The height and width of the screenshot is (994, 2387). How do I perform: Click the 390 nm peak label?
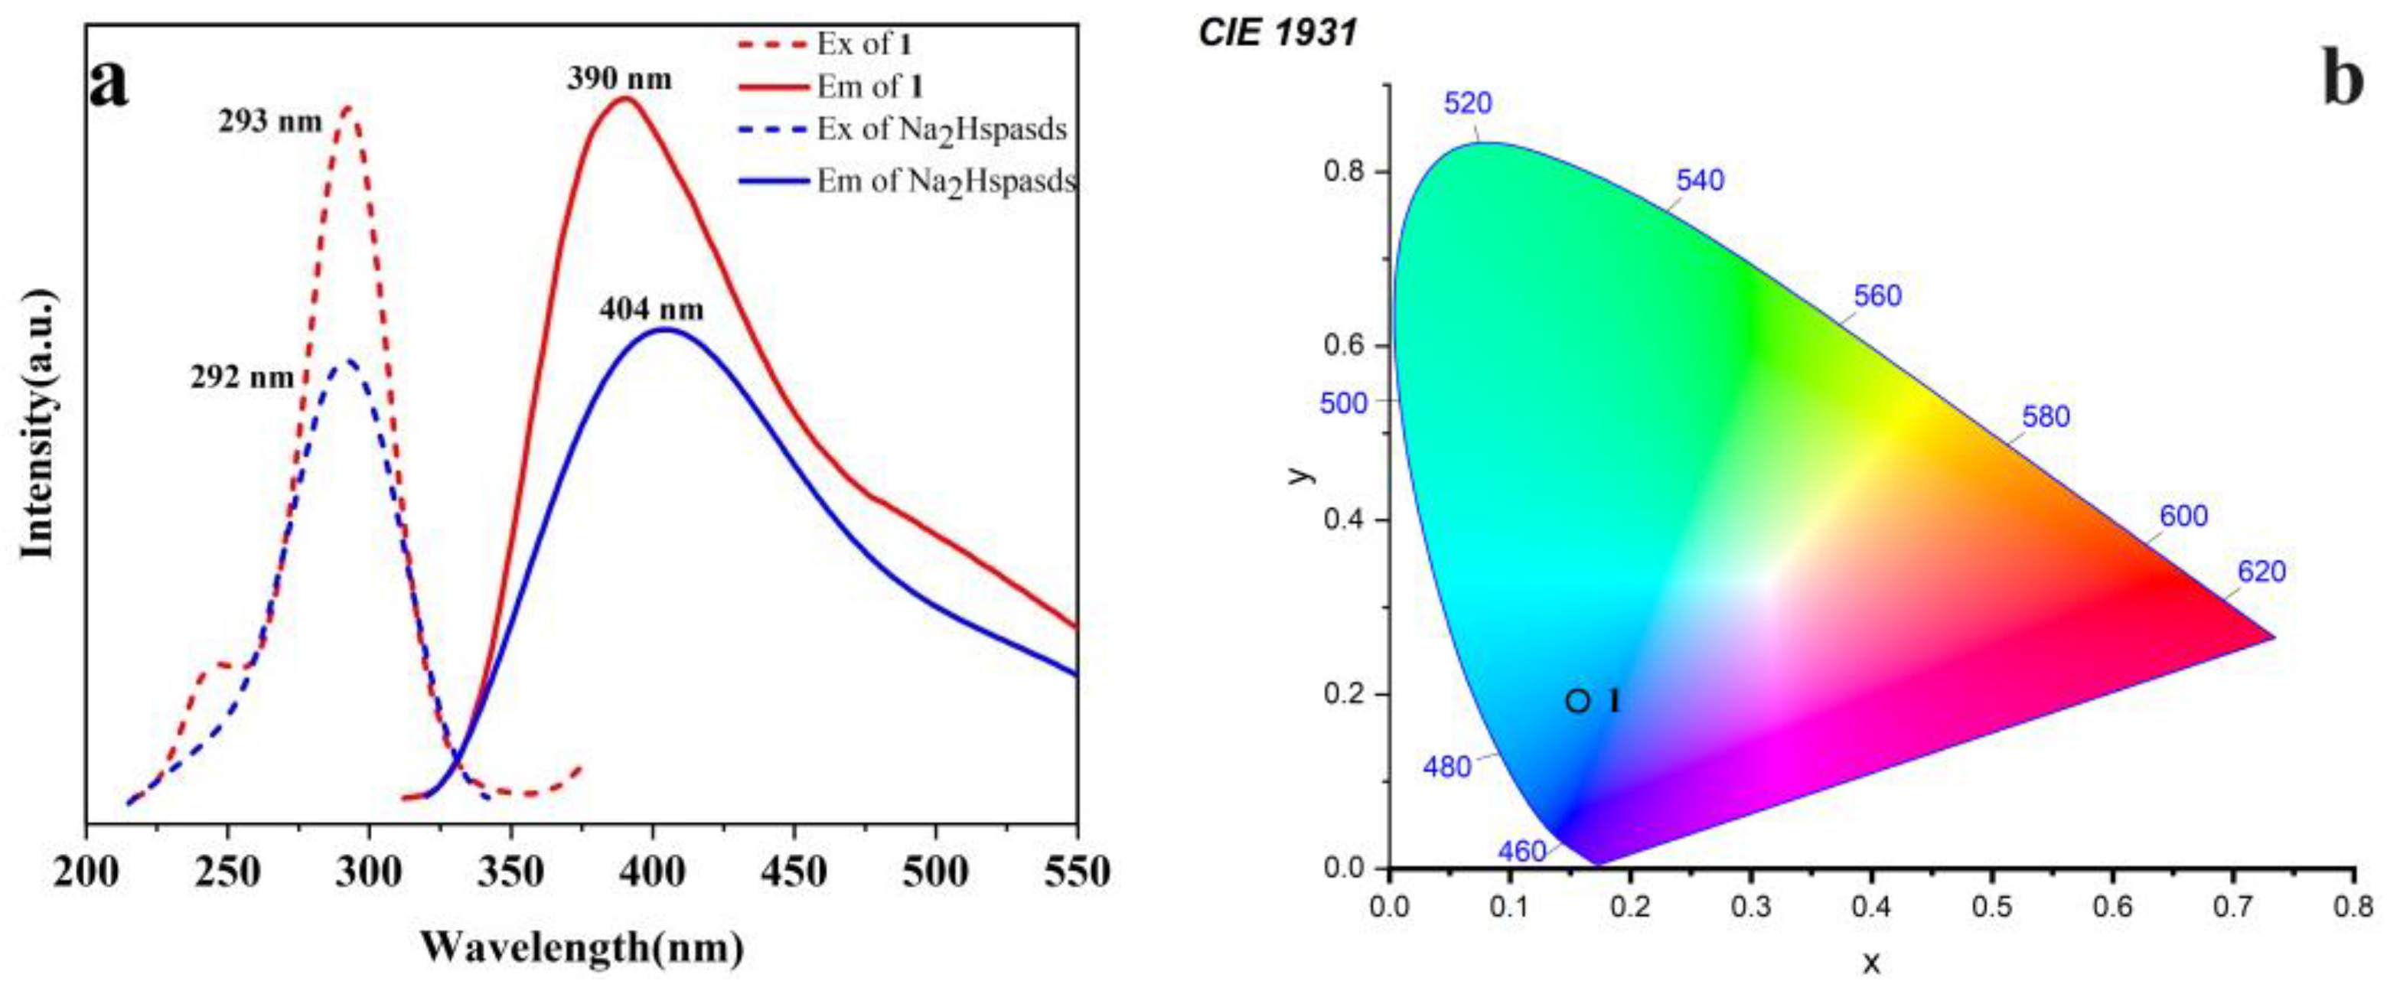(x=619, y=80)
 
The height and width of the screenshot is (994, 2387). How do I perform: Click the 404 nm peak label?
(x=651, y=309)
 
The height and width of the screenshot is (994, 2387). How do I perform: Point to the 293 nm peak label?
(x=271, y=122)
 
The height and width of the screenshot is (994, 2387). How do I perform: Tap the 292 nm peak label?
(x=242, y=377)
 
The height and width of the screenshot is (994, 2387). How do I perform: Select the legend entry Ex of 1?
(x=863, y=44)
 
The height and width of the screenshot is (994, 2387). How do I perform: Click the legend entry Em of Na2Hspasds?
(x=945, y=181)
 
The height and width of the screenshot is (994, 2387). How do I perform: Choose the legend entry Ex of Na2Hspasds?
(x=941, y=129)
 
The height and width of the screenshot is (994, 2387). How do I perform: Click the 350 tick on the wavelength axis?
(x=511, y=872)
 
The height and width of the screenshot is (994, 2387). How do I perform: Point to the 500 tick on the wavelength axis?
(x=935, y=872)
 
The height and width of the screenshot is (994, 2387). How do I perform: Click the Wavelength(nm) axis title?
(x=582, y=947)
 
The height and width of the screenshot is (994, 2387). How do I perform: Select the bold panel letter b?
(x=2343, y=79)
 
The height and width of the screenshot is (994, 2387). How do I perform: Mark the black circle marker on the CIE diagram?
(x=1578, y=701)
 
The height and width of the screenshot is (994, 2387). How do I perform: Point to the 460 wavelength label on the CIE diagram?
(x=1521, y=850)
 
